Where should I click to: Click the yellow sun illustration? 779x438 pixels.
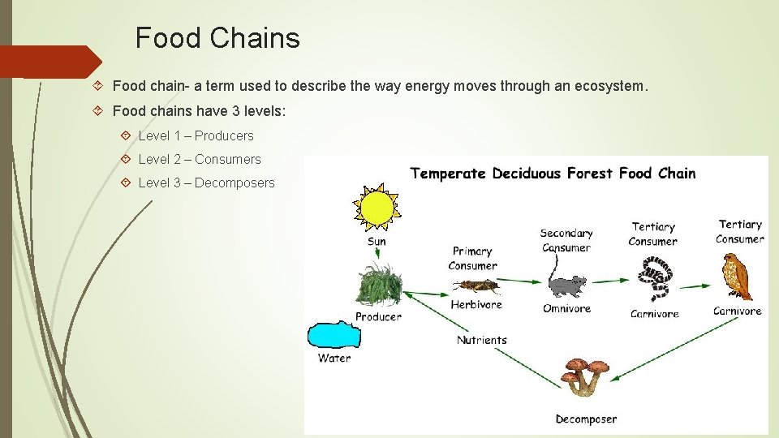(376, 208)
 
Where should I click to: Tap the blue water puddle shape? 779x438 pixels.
(333, 335)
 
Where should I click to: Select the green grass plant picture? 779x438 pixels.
(377, 285)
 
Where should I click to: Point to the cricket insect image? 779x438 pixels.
(476, 286)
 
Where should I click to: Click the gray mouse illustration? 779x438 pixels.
(566, 285)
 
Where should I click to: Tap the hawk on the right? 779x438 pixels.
(738, 276)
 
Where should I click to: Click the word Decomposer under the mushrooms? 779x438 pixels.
(586, 419)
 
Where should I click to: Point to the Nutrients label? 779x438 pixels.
(482, 340)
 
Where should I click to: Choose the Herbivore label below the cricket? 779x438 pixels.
(476, 305)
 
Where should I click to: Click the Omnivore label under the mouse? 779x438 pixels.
(566, 308)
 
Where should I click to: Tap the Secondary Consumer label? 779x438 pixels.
(566, 240)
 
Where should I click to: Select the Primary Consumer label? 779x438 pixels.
(472, 258)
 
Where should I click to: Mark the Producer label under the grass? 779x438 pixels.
(378, 316)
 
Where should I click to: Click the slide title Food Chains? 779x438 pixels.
(217, 38)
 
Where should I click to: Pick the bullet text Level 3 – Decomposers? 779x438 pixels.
(206, 182)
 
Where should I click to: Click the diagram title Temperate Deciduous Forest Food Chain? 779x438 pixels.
(553, 173)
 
